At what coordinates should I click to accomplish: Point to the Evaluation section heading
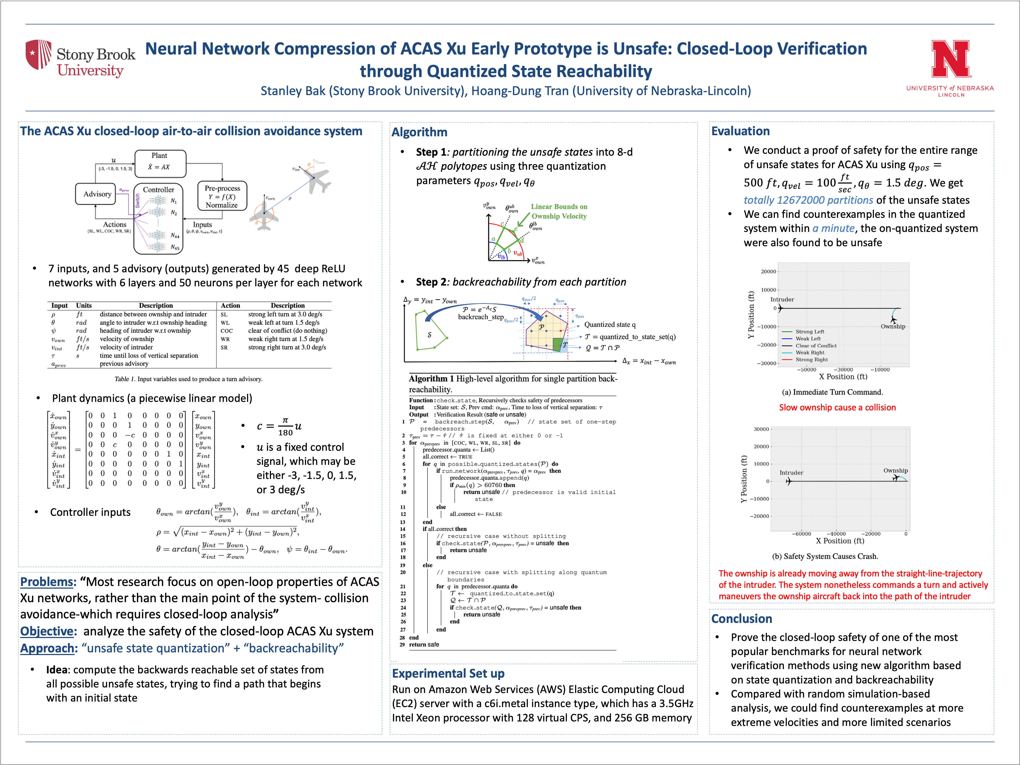coord(740,131)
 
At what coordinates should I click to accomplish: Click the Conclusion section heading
coord(741,619)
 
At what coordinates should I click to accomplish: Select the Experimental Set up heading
coord(448,674)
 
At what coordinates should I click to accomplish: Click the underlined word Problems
coord(48,582)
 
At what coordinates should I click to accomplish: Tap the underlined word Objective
coord(48,631)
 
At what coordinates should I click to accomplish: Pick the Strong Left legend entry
coord(809,331)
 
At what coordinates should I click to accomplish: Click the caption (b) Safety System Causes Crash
coord(825,556)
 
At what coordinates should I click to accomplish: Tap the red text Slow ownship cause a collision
coord(837,408)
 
